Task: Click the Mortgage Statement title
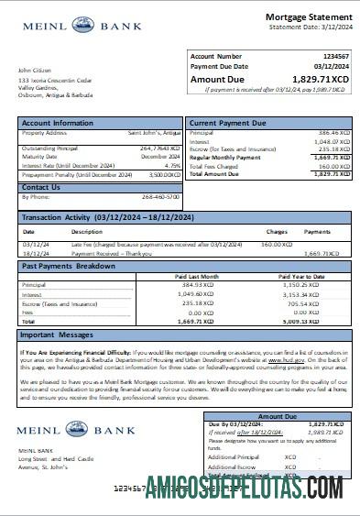pos(308,17)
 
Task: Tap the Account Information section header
pos(58,123)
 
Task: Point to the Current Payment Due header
pos(228,123)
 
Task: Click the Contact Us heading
pos(41,187)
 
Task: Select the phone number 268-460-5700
pos(162,197)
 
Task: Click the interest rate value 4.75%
pos(172,165)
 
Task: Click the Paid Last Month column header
pos(199,275)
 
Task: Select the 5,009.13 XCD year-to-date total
pos(304,322)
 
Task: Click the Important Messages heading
pos(57,335)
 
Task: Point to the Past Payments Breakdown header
pos(69,266)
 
